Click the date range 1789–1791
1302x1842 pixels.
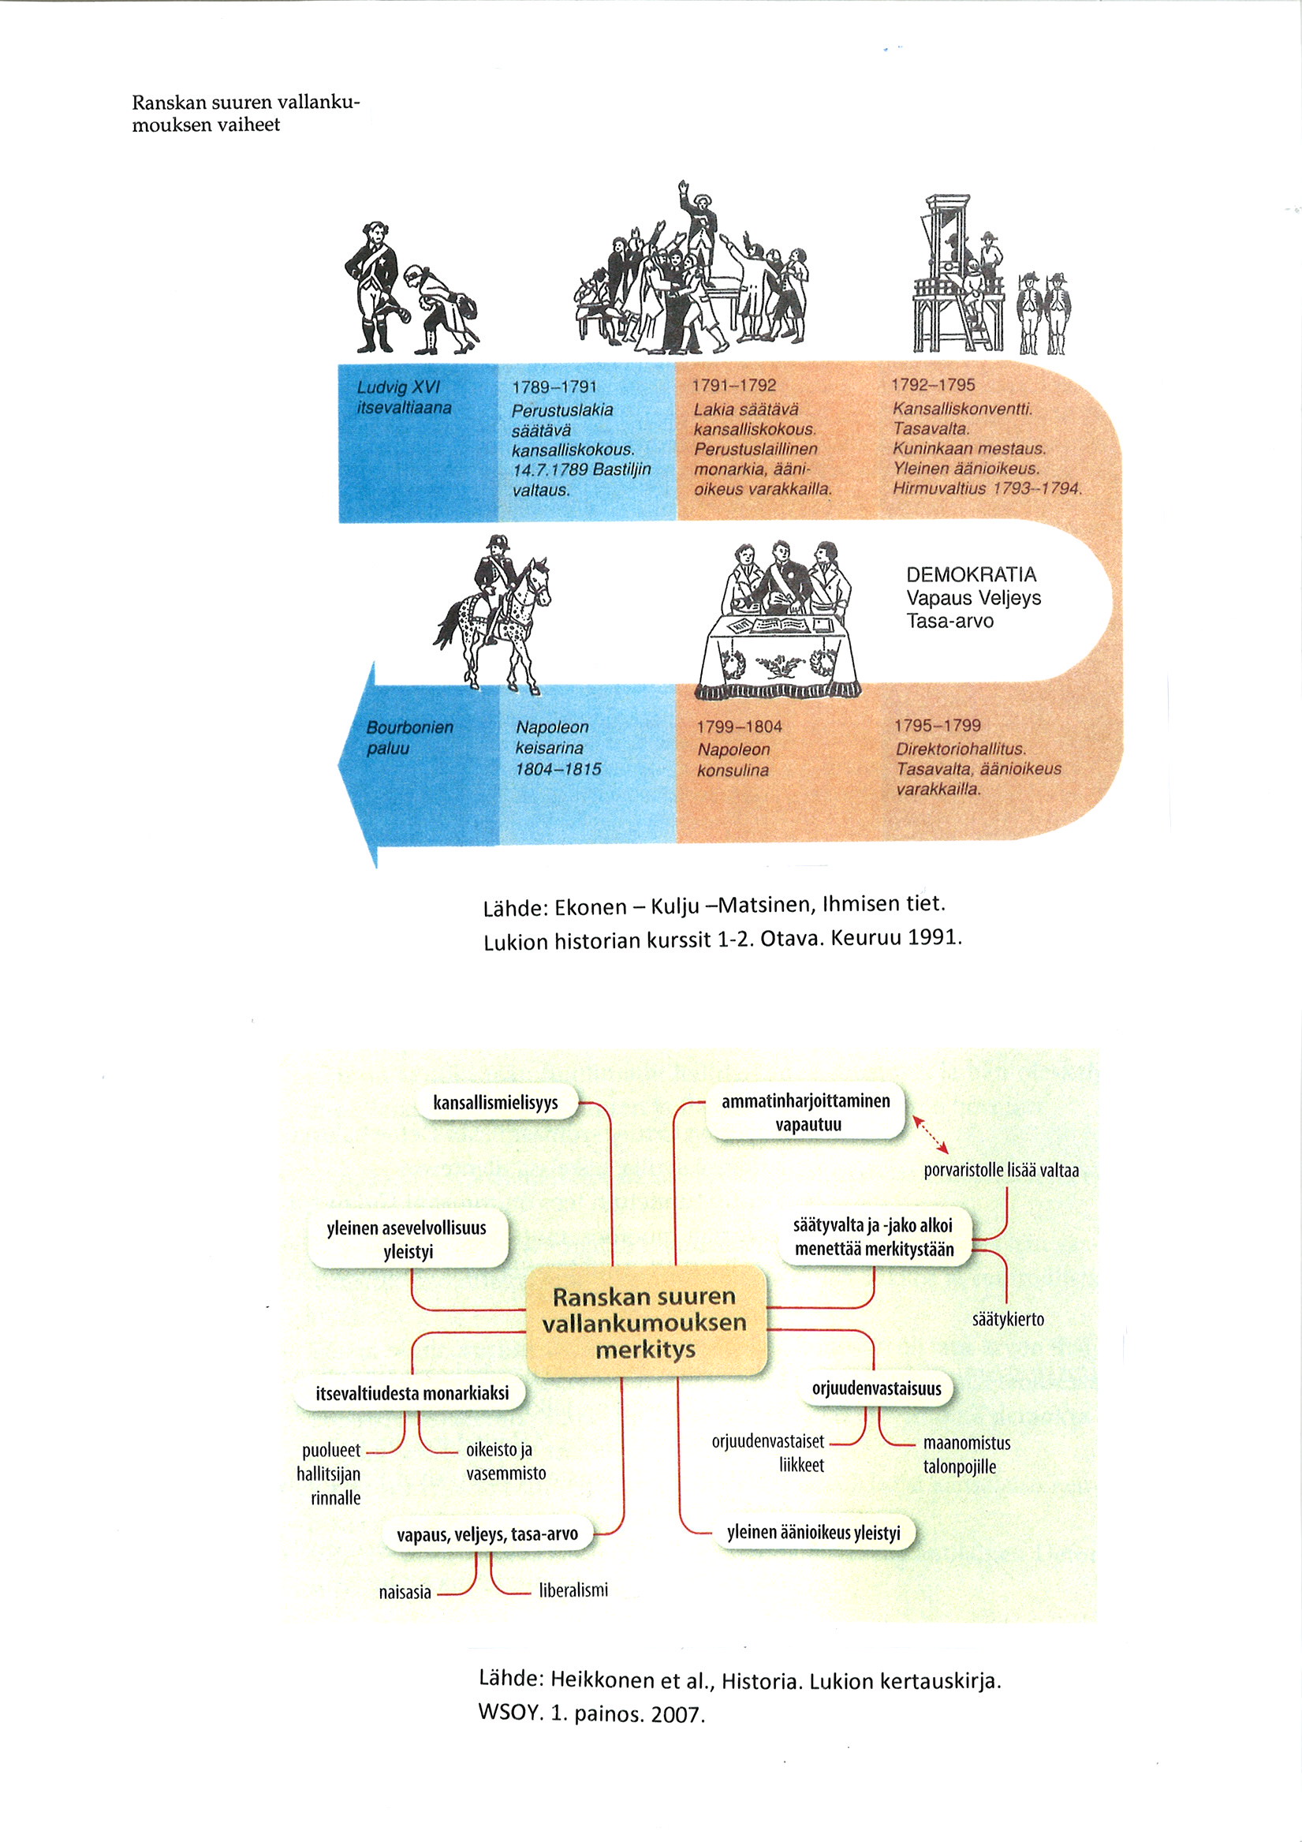(554, 387)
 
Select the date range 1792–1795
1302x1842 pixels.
(932, 385)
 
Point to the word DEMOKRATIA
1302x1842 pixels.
(971, 574)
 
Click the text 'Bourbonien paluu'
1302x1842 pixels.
(409, 738)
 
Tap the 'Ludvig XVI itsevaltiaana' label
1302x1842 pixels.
(404, 397)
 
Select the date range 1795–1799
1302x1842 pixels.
(937, 725)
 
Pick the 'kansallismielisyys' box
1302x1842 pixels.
(496, 1103)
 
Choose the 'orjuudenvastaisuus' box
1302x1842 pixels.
(876, 1388)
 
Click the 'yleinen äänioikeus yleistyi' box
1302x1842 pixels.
(813, 1532)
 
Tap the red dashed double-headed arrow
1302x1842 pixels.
(931, 1134)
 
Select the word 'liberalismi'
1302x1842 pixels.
(573, 1590)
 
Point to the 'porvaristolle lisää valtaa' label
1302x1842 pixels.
(1001, 1171)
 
